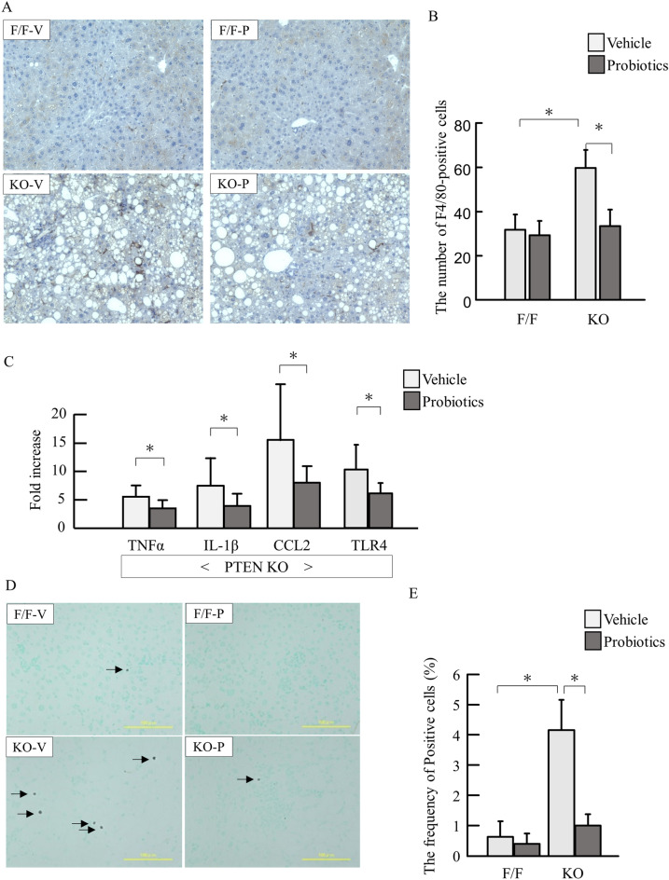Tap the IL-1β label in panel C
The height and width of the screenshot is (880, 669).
(224, 543)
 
